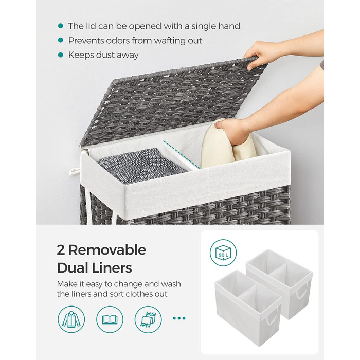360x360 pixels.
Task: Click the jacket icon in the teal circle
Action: coord(71,319)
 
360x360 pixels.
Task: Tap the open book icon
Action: coord(110,319)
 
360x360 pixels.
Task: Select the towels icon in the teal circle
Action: coord(148,319)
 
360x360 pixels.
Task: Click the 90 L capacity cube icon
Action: coord(223,253)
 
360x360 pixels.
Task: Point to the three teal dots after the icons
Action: coord(179,318)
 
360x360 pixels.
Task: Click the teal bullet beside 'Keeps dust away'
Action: coord(61,55)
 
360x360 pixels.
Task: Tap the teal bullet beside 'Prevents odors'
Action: coord(61,40)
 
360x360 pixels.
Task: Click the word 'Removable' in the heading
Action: coord(107,250)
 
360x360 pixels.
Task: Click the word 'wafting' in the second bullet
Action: coord(170,41)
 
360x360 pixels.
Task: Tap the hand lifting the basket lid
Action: coord(262,54)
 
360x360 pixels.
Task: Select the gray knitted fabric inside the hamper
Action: coord(141,165)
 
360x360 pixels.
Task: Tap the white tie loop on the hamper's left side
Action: coord(74,171)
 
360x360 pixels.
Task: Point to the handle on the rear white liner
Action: coord(301,291)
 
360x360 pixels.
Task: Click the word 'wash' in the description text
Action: coord(171,284)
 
